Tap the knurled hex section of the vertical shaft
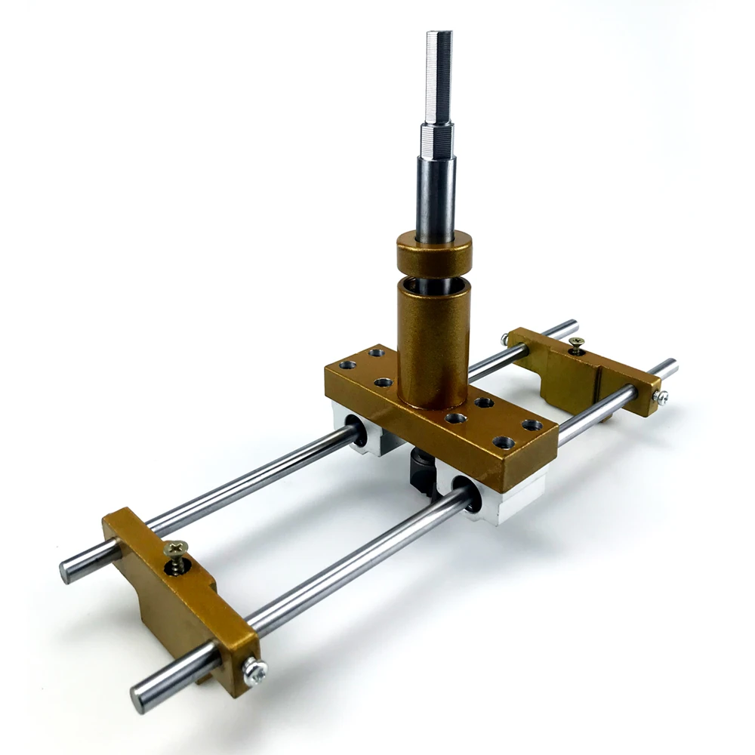[437, 140]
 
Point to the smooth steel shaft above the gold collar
[436, 196]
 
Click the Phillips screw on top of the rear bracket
[576, 344]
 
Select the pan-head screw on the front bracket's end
[255, 670]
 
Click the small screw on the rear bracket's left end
[504, 340]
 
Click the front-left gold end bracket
[181, 596]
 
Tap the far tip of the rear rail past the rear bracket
[569, 326]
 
